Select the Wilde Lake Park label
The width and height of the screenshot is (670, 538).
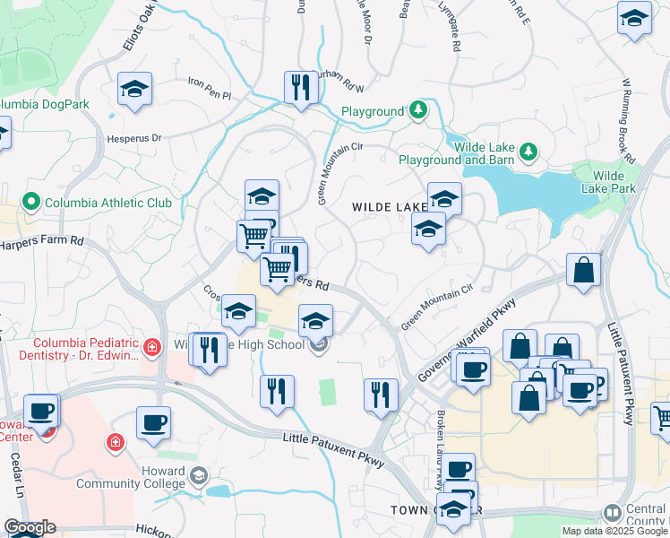click(x=614, y=181)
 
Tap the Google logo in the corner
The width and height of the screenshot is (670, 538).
click(x=30, y=528)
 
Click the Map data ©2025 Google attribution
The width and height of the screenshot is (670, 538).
click(x=614, y=531)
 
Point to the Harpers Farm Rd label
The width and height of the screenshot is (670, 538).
click(x=41, y=243)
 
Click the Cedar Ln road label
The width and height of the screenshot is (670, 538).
click(x=15, y=475)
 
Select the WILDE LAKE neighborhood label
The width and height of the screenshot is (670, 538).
click(x=389, y=207)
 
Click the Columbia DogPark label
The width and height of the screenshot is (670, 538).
click(x=45, y=104)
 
